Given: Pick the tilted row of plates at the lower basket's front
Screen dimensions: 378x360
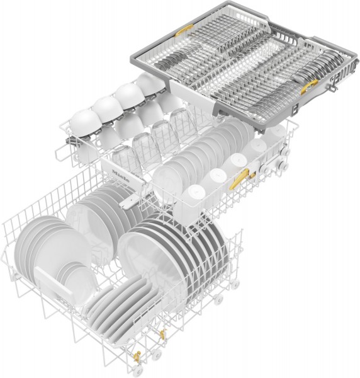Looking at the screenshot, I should pos(120,302).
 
